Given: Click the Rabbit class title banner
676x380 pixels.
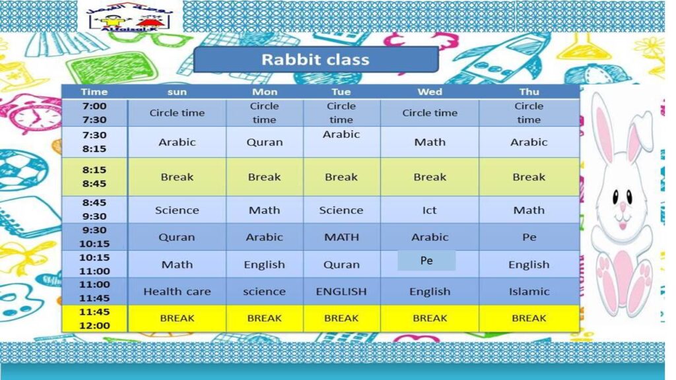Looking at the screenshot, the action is pyautogui.click(x=316, y=59).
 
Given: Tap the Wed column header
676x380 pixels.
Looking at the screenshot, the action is pyautogui.click(x=430, y=92).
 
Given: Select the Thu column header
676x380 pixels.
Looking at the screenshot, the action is pyautogui.click(x=529, y=92).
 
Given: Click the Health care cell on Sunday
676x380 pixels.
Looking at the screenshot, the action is pyautogui.click(x=177, y=292).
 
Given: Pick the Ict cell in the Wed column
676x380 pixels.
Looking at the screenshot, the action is pyautogui.click(x=430, y=210).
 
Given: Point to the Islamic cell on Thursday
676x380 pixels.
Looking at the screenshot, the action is pyautogui.click(x=529, y=292).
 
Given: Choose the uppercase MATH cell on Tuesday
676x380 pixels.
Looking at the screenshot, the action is pyautogui.click(x=341, y=237).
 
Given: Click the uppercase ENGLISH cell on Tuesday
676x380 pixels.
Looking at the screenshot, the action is pyautogui.click(x=341, y=292).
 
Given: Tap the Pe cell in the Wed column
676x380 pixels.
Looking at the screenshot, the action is pyautogui.click(x=426, y=261).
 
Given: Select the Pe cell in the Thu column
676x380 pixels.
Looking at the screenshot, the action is pyautogui.click(x=529, y=237).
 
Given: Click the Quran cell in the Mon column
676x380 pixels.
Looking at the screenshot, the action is pyautogui.click(x=265, y=142).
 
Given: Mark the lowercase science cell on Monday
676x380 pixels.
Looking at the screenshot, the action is pyautogui.click(x=265, y=292).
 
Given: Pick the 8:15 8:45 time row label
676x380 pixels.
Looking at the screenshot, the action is pyautogui.click(x=94, y=177).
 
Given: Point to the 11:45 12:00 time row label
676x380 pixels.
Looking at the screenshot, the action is pyautogui.click(x=94, y=319).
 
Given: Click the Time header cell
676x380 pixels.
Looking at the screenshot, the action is pyautogui.click(x=94, y=92).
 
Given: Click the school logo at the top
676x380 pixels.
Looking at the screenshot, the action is pyautogui.click(x=129, y=17).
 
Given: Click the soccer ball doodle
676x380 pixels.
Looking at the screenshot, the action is pyautogui.click(x=22, y=170).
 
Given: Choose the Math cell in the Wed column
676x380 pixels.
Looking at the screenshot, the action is pyautogui.click(x=430, y=142).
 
